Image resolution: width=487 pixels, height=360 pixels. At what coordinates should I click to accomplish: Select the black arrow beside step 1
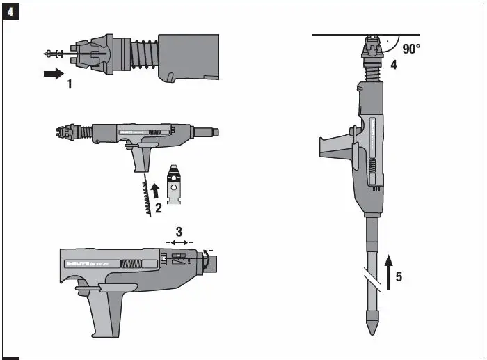pyautogui.click(x=53, y=73)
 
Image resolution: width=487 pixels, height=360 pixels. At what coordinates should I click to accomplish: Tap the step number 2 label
pyautogui.click(x=159, y=207)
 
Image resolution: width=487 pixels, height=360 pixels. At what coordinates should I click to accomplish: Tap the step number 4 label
pyautogui.click(x=393, y=65)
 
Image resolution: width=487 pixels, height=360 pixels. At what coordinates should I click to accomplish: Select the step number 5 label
pyautogui.click(x=398, y=276)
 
